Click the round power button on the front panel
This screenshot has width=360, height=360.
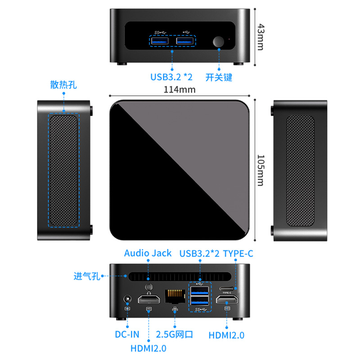click(219, 42)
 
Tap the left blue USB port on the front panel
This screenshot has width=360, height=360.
click(160, 42)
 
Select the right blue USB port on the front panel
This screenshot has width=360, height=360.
click(185, 42)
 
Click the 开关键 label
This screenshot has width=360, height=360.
click(219, 77)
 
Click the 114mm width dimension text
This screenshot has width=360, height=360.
click(179, 89)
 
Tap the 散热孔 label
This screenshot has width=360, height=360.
click(63, 85)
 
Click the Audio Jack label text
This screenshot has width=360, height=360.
click(148, 253)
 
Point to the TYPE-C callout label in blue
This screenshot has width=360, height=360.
click(238, 253)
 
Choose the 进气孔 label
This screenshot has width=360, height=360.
click(87, 276)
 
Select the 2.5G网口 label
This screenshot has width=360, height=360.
click(175, 334)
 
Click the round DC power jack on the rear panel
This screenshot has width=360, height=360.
click(127, 299)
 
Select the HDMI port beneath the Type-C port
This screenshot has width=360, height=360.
click(227, 299)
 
